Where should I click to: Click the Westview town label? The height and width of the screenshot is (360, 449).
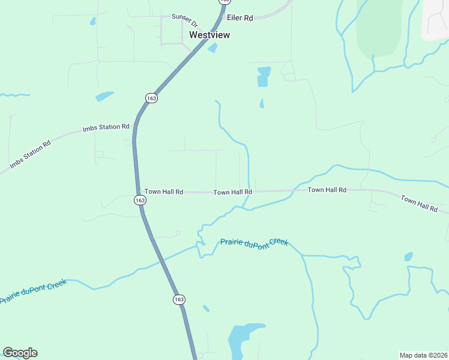point(209,35)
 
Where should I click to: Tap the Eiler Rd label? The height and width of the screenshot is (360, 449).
point(240,18)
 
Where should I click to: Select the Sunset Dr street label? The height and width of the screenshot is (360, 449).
point(184,20)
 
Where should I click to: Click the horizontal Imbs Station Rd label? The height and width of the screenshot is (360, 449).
point(106,127)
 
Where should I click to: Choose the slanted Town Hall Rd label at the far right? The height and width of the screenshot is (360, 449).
point(419,203)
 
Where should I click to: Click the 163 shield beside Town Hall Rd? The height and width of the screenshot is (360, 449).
point(139,200)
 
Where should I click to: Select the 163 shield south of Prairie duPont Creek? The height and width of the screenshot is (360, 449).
point(179,299)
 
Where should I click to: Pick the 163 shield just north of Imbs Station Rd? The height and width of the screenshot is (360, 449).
point(151,98)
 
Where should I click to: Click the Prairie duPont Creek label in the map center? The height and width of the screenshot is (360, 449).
point(254,242)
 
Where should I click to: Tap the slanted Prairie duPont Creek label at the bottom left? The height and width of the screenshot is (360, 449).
point(33,291)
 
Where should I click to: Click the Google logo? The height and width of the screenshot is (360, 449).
point(20,353)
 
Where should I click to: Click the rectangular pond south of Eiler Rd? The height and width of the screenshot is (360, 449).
point(264,76)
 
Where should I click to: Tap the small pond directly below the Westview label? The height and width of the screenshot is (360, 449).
point(212,48)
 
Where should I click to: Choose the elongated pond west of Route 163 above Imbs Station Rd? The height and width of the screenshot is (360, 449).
point(104,96)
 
